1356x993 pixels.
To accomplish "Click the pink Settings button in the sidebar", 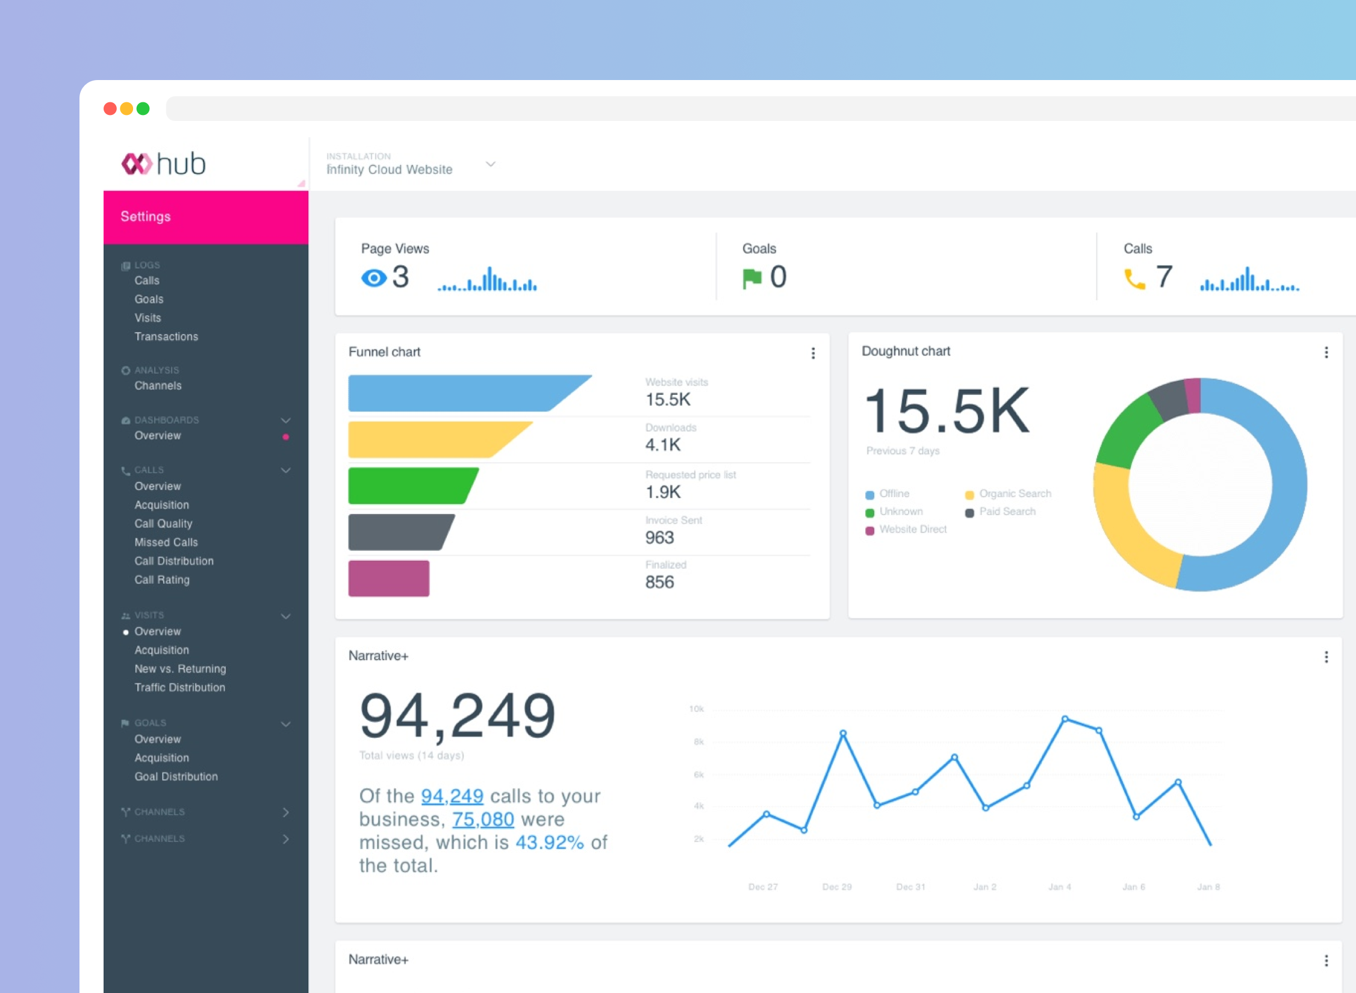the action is coord(206,217).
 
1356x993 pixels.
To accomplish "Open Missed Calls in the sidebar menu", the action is coord(166,542).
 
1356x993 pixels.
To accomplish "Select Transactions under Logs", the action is coord(166,336).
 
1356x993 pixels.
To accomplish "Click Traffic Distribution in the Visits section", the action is coord(180,687).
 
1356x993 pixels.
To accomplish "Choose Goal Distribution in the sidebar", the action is coord(176,776).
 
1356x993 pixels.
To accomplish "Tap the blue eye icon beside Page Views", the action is coord(374,278).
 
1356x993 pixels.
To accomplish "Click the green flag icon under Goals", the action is coord(752,279).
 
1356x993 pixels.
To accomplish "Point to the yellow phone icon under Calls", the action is coord(1134,279).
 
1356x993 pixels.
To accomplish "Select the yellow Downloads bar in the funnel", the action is coord(440,440).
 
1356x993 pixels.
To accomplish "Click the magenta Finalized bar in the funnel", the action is coord(389,578).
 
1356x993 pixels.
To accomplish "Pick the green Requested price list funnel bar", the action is coord(413,486).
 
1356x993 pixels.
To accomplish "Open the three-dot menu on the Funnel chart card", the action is coord(813,353).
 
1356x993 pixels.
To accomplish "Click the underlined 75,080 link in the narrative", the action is coord(483,820).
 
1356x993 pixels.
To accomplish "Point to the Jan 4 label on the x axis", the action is coord(1060,886).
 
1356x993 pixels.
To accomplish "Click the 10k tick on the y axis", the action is coord(697,709).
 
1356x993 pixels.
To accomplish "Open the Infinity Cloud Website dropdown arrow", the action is coord(491,164).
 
